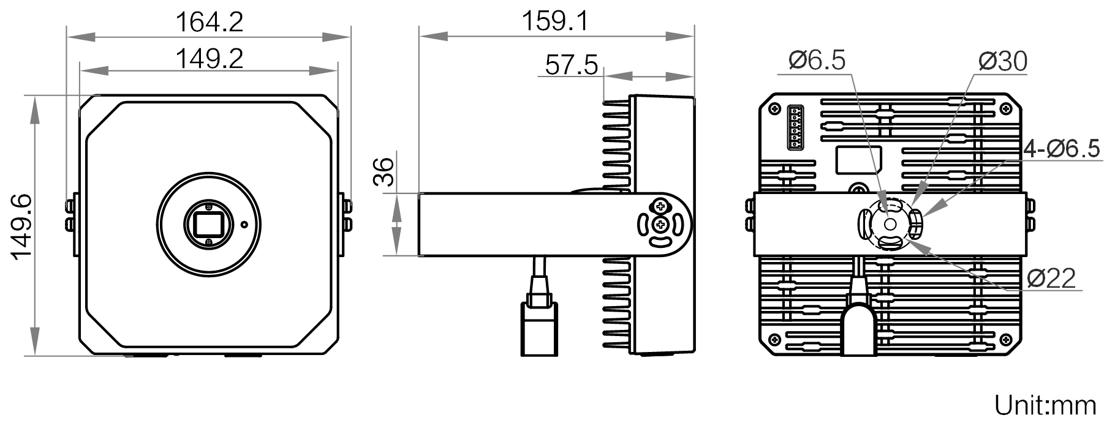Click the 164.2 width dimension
[210, 22]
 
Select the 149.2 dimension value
[210, 59]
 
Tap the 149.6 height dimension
[21, 226]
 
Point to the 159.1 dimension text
[555, 21]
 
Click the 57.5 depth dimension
[571, 65]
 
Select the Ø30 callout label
[1003, 62]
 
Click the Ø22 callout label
[1051, 279]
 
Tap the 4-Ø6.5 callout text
[1062, 149]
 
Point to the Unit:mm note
[1045, 405]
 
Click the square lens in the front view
[208, 225]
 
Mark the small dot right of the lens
[244, 224]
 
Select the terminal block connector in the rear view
[795, 127]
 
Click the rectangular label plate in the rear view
[859, 160]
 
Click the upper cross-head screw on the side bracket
[660, 204]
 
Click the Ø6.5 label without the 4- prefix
[817, 61]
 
